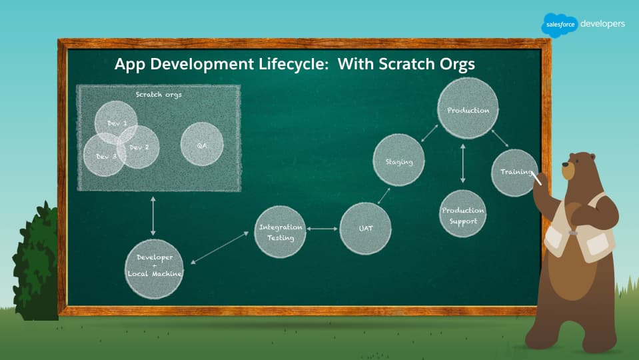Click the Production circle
pyautogui.click(x=468, y=109)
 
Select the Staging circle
pyautogui.click(x=398, y=160)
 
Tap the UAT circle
pyautogui.click(x=365, y=229)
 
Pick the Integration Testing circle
pyautogui.click(x=280, y=232)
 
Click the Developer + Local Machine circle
pyautogui.click(x=154, y=269)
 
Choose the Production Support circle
pyautogui.click(x=462, y=213)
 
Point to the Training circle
pyautogui.click(x=514, y=173)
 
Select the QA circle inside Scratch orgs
pyautogui.click(x=202, y=144)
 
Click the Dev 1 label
pyautogui.click(x=117, y=123)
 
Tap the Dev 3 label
pyautogui.click(x=107, y=157)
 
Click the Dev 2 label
pyautogui.click(x=139, y=147)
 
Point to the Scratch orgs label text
pyautogui.click(x=159, y=95)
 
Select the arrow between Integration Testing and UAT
pyautogui.click(x=322, y=229)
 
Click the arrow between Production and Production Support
pyautogui.click(x=462, y=163)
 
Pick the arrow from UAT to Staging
pyautogui.click(x=384, y=196)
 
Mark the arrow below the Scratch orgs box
pyautogui.click(x=153, y=216)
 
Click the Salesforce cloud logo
pyautogui.click(x=560, y=25)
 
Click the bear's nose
pyautogui.click(x=565, y=165)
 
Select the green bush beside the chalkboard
pyautogui.click(x=36, y=263)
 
